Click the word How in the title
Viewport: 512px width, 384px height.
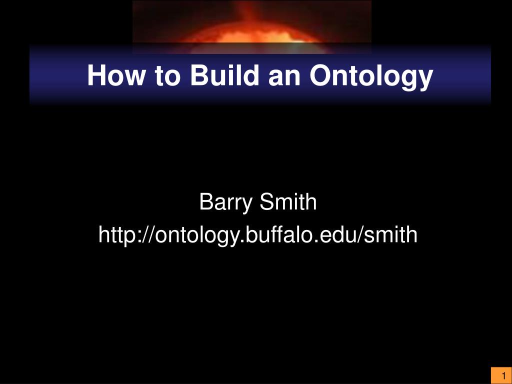(115, 75)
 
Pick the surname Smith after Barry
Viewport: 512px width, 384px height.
(288, 202)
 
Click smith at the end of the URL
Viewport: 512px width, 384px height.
(391, 234)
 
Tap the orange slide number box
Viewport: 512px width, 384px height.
(501, 375)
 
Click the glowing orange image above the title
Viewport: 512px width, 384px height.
(252, 27)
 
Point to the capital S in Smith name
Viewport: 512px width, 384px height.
(267, 202)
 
